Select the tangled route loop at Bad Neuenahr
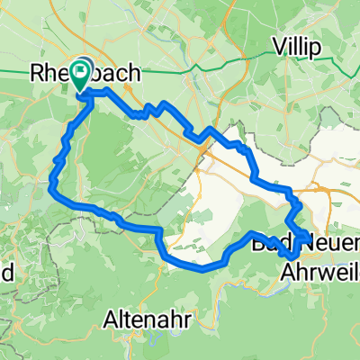coord(297,229)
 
